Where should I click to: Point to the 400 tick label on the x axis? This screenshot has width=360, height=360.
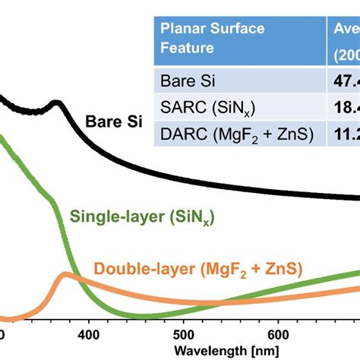(x=89, y=334)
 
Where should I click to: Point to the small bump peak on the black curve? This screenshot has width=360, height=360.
(x=54, y=103)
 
